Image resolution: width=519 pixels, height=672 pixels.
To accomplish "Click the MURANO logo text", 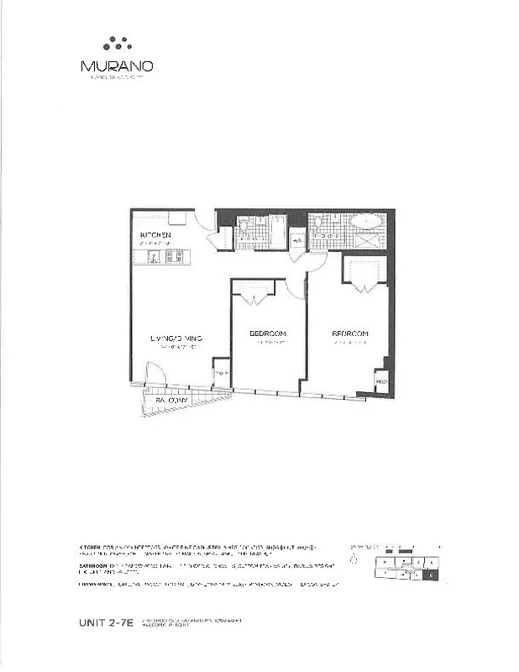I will (x=117, y=65).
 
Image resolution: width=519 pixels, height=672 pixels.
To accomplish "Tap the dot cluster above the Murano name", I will (x=117, y=43).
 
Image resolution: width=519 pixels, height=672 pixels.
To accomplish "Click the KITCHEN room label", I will (x=156, y=234).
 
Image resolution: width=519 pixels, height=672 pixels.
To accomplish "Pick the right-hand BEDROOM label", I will (x=350, y=333).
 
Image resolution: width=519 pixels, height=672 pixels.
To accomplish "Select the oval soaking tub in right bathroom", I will (x=364, y=222).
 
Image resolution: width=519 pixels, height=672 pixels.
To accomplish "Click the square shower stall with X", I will (x=367, y=240).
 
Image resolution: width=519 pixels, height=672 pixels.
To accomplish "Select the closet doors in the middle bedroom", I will (x=253, y=291).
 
